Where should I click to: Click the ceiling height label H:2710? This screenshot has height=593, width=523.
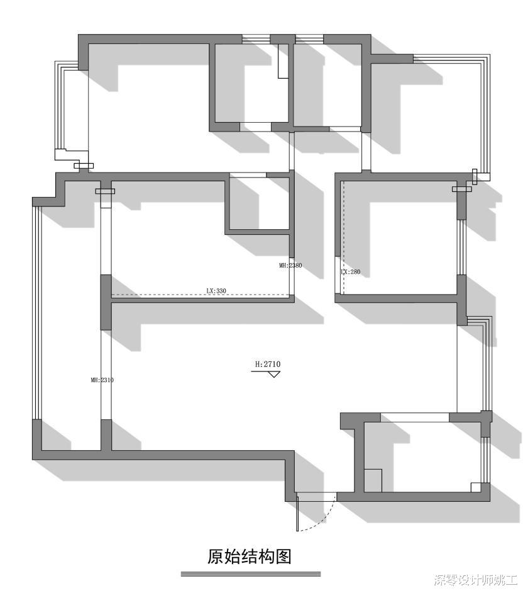[267, 364]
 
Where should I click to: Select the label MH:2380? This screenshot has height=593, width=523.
[290, 266]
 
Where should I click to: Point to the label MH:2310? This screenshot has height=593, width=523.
[102, 380]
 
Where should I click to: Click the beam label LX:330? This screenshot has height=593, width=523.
[216, 291]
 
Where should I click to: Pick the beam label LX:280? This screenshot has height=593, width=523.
[350, 272]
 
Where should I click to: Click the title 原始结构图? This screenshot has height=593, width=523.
[250, 556]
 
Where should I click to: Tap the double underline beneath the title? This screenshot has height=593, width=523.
[250, 574]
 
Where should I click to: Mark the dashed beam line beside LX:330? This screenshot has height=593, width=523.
[157, 295]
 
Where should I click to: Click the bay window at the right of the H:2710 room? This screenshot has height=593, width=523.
[487, 365]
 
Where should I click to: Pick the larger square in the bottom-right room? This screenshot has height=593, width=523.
[373, 480]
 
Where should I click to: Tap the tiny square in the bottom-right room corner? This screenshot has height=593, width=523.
[476, 487]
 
